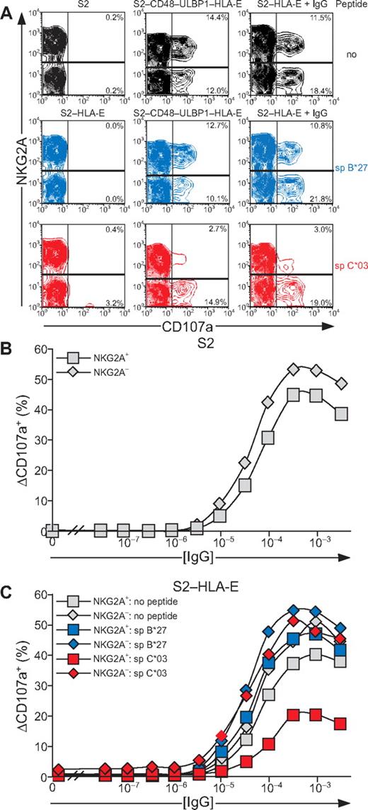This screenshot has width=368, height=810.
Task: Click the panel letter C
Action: coord(7,584)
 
